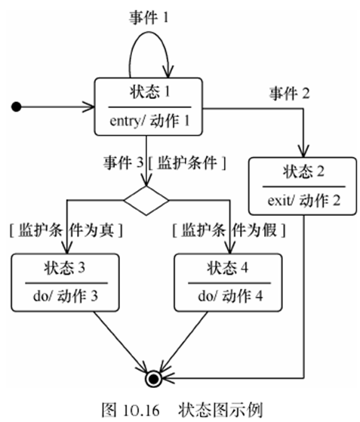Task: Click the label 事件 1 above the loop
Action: pyautogui.click(x=148, y=17)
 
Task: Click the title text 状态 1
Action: pyautogui.click(x=148, y=93)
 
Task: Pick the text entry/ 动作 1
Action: pyautogui.click(x=148, y=120)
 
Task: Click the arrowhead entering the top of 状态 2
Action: pyautogui.click(x=304, y=152)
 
